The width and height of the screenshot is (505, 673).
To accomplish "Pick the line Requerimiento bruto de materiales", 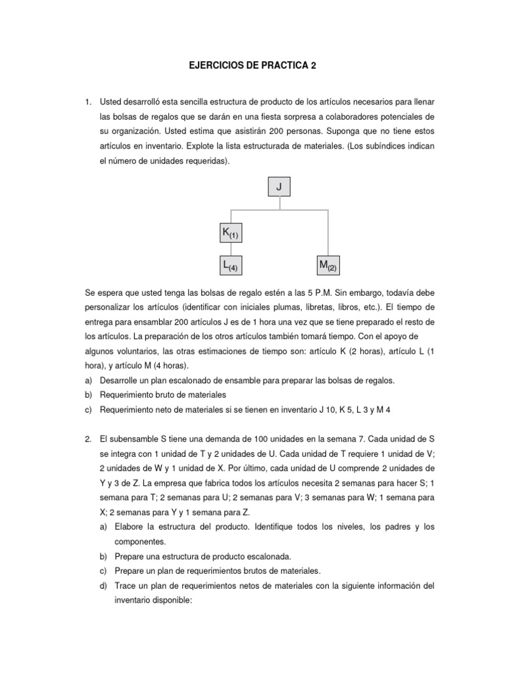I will [x=162, y=396].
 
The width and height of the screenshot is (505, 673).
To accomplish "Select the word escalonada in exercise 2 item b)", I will [x=262, y=556].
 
